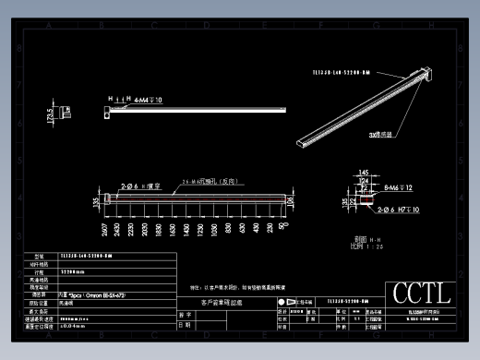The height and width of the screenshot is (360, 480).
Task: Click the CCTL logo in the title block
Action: click(x=422, y=294)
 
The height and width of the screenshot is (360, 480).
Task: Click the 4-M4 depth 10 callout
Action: click(x=148, y=99)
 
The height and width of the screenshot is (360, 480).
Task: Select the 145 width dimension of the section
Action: click(x=364, y=174)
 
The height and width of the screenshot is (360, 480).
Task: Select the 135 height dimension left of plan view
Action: click(x=96, y=198)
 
